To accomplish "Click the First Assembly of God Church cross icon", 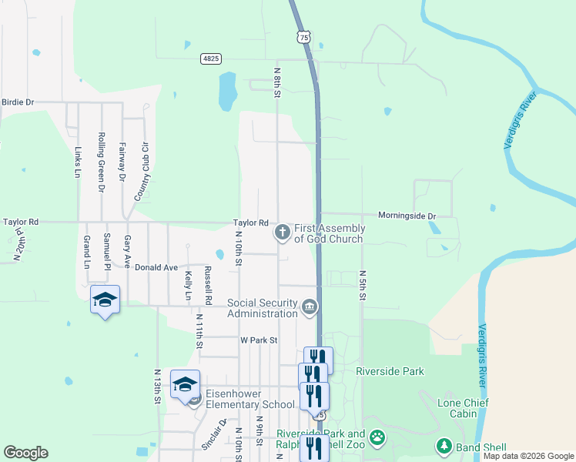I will tap(283, 231).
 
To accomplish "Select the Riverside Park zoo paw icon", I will tap(377, 439).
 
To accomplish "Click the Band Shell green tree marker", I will tap(444, 447).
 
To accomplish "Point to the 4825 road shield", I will tap(211, 59).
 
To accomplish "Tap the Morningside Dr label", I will tap(407, 216).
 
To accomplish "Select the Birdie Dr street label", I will tap(18, 102).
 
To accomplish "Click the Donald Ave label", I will tap(156, 267).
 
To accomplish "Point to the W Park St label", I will tap(258, 340).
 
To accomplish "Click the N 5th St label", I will tap(361, 284).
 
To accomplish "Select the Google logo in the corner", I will tap(25, 453).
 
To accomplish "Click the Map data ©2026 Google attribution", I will tap(528, 457).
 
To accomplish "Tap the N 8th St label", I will tap(277, 82).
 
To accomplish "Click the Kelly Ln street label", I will tap(188, 285).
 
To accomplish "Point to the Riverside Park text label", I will tap(390, 371).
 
